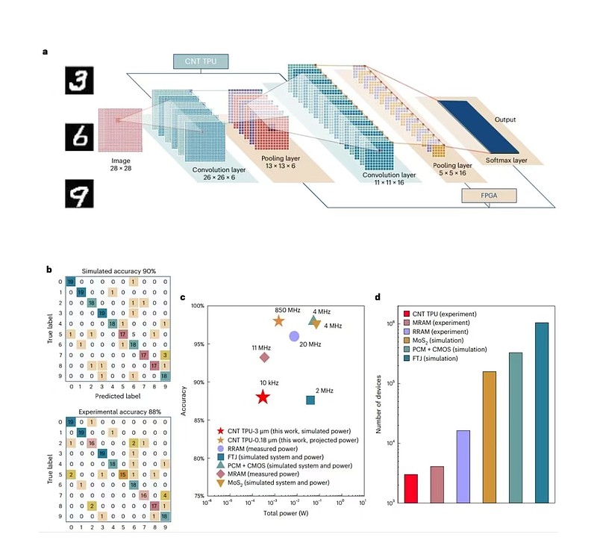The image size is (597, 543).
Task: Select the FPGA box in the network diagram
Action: (490, 196)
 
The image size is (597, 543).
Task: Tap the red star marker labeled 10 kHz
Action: (262, 397)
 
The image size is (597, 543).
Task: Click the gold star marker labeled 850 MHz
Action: (278, 321)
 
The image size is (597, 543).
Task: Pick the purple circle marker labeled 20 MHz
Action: (294, 336)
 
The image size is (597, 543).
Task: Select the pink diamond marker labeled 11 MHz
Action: (264, 357)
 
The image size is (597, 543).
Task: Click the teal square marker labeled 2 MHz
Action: (310, 400)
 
